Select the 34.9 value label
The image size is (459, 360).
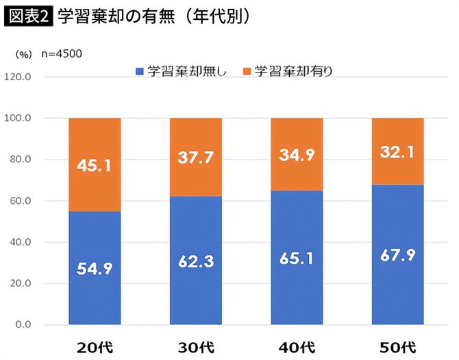point(297,155)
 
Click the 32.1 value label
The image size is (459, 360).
point(397,151)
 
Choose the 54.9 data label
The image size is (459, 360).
point(95,268)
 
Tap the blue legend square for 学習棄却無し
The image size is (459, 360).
point(139,70)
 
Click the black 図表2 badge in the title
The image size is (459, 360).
point(28,17)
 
